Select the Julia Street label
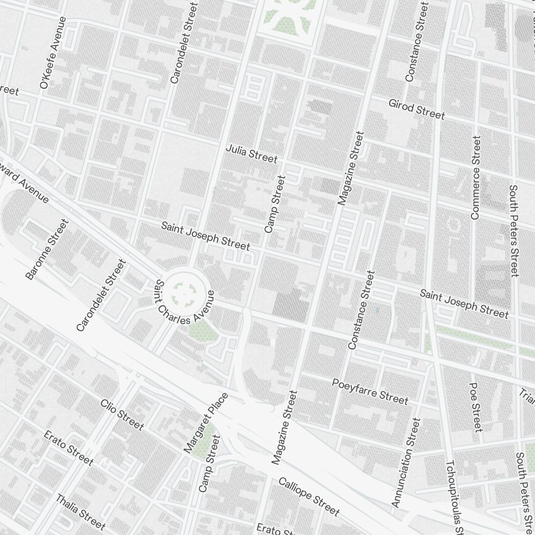point(251,154)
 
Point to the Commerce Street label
point(475,177)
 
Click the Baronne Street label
point(47,249)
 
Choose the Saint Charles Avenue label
point(185,310)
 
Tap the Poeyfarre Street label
point(370,391)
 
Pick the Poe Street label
point(476,407)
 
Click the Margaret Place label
point(206,423)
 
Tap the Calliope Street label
point(309,496)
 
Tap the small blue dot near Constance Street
point(378,310)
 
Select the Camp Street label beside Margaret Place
point(209,463)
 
